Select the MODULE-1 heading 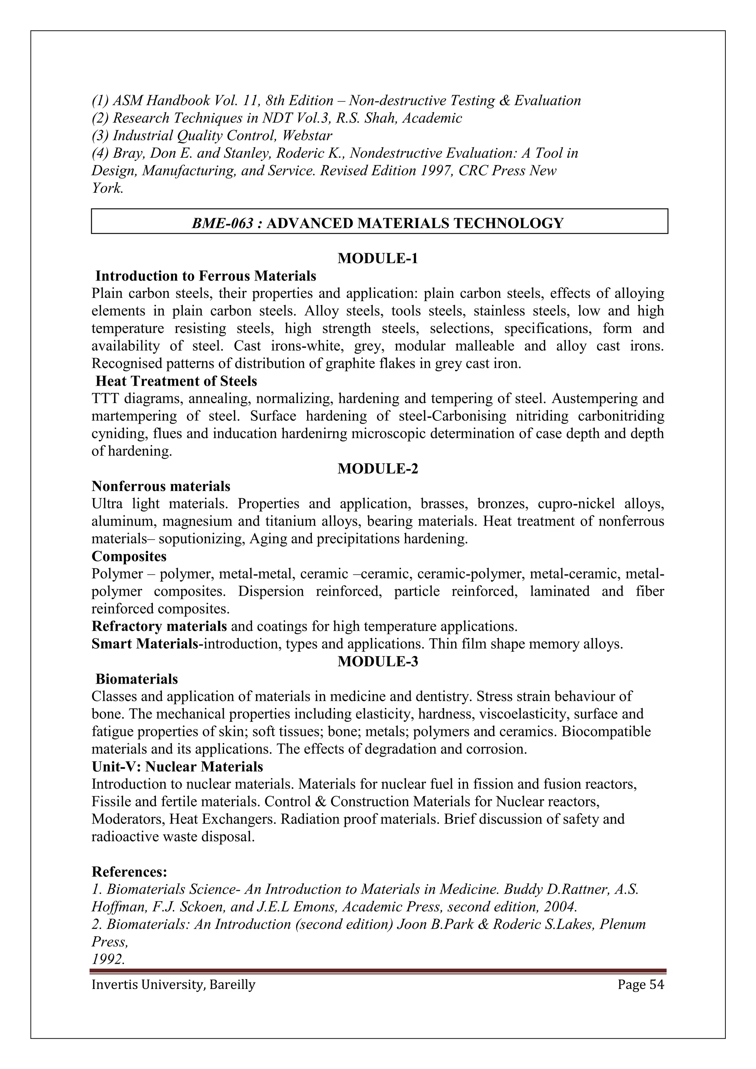coord(378,258)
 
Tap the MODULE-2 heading coord(378,469)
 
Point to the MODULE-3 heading coord(378,661)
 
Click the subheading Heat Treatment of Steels coord(176,381)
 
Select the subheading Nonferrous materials coord(161,487)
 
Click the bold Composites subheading coord(129,556)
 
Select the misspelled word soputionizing coord(202,539)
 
